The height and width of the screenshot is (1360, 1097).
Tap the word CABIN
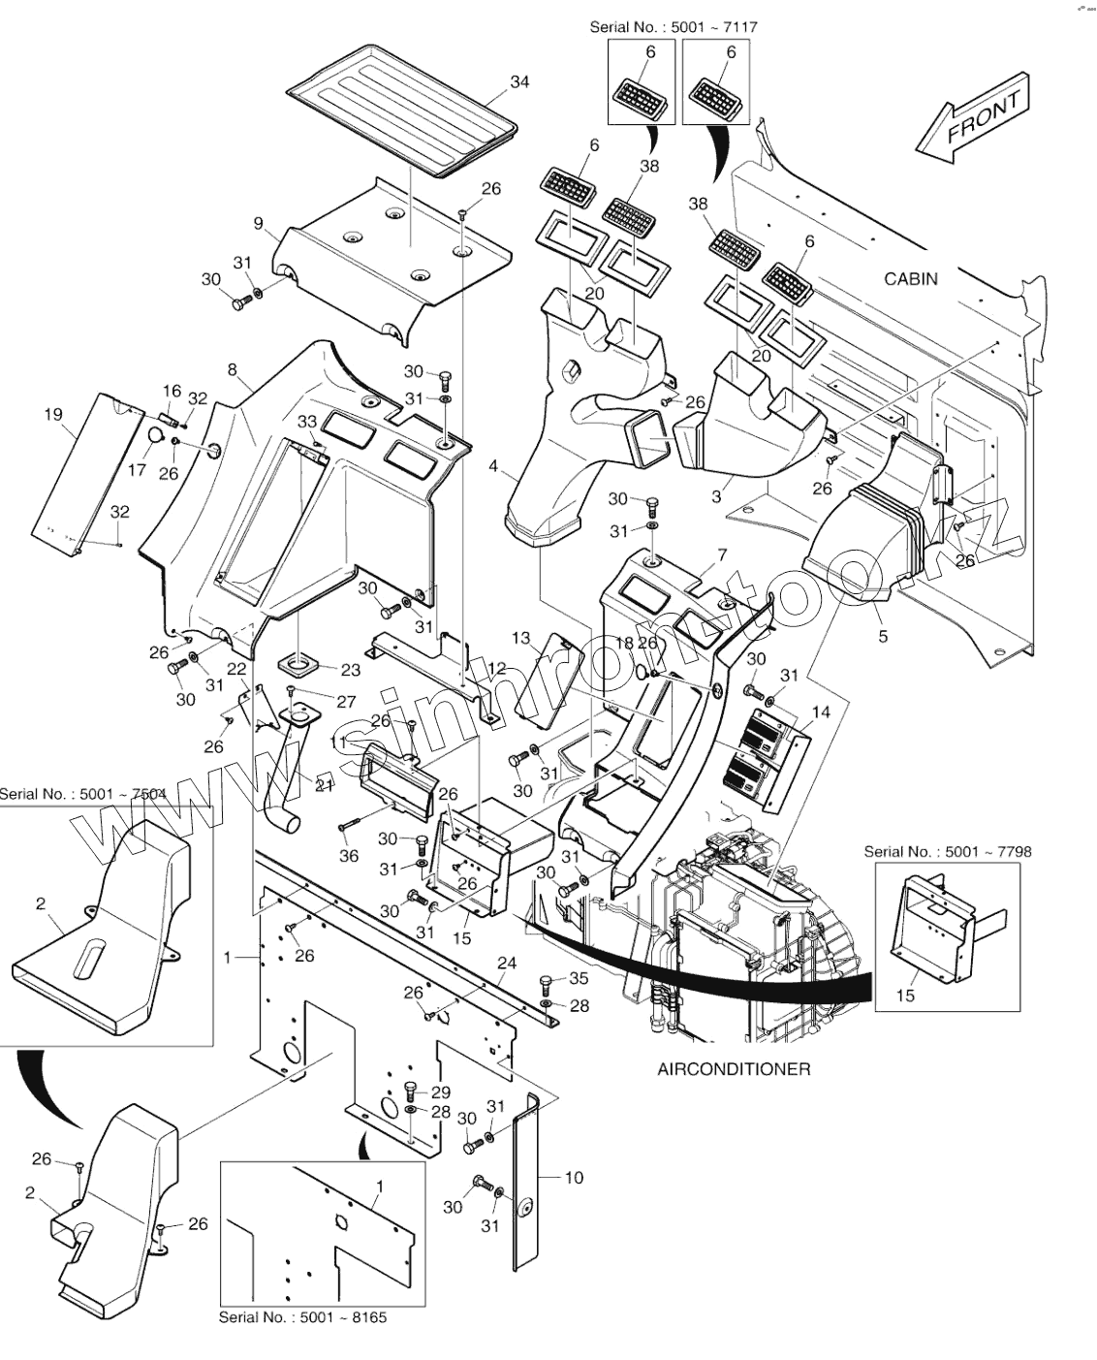pos(911,279)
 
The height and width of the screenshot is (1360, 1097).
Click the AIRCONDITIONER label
pos(734,1069)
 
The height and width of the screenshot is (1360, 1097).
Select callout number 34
pos(519,82)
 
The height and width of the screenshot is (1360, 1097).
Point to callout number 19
pos(53,415)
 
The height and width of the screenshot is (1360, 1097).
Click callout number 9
pos(259,224)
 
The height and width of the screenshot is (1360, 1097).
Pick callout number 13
pos(521,638)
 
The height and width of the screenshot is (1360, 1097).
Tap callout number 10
pos(574,1177)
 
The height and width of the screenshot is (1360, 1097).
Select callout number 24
pos(506,963)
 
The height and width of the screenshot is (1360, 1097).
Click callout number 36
pos(349,856)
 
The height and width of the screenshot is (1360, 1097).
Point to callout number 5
pos(883,637)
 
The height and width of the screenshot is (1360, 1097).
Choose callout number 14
pos(821,712)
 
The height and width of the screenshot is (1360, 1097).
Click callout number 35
pos(579,978)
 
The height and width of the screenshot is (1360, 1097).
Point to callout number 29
pos(440,1091)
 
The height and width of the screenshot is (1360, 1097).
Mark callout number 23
pos(350,670)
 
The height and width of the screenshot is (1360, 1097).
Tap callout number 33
pos(306,421)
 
